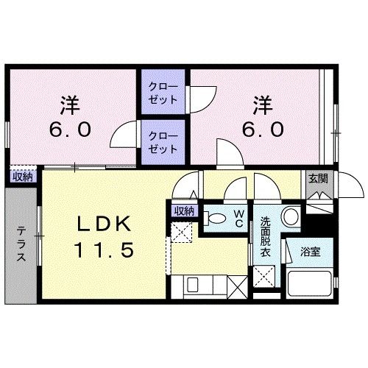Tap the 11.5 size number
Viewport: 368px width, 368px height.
[102, 251]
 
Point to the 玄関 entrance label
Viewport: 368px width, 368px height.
[318, 178]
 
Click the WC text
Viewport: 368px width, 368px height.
[239, 217]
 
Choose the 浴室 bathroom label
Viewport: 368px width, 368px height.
[310, 252]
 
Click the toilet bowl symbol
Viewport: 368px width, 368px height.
[217, 219]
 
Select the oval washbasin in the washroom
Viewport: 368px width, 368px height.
[291, 217]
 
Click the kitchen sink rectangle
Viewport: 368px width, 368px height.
[198, 284]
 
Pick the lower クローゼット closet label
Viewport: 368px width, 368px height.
[163, 142]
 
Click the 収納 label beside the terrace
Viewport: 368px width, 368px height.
[22, 176]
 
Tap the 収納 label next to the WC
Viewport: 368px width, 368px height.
[184, 210]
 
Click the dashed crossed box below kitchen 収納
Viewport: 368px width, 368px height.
[180, 232]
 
